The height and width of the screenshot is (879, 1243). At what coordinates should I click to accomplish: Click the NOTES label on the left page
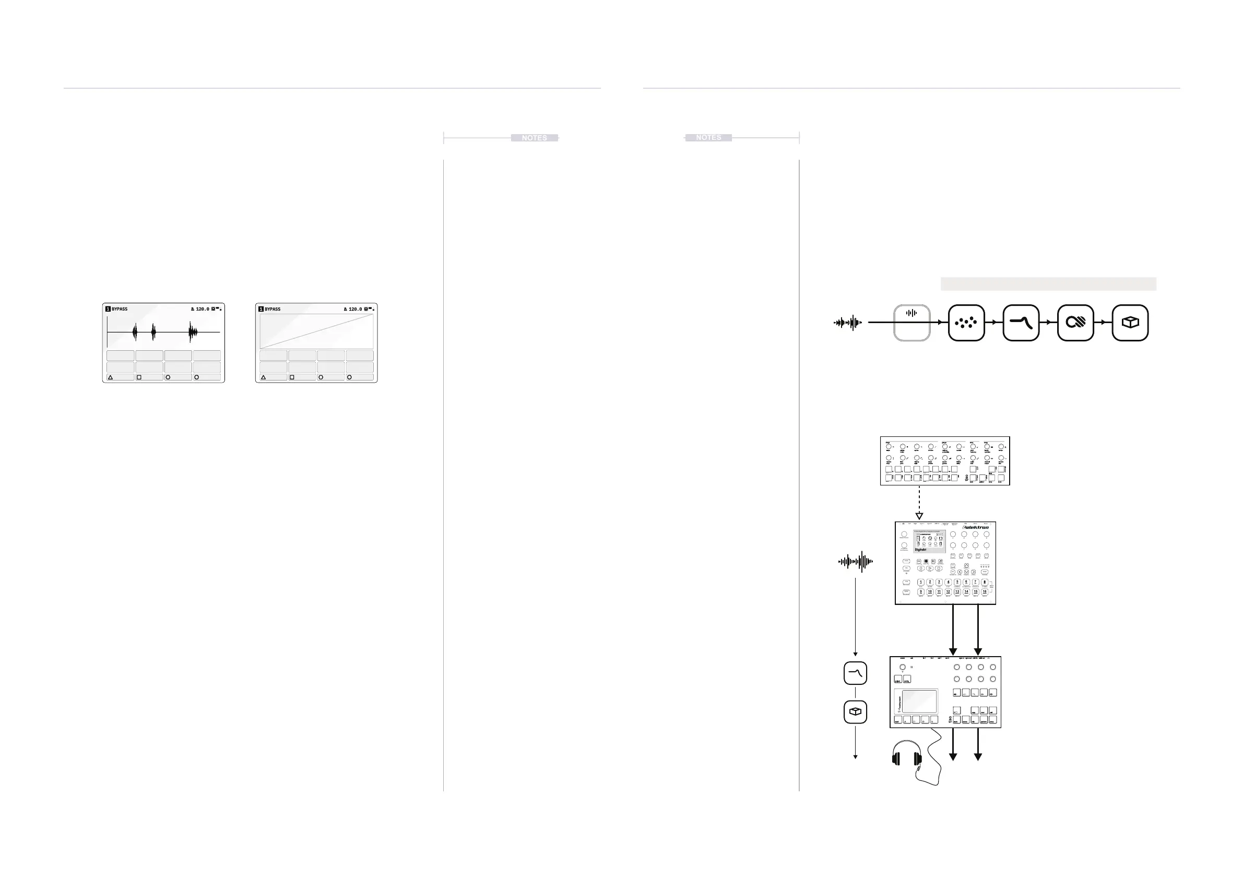coord(534,138)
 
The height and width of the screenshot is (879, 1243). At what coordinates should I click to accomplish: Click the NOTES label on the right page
coord(708,137)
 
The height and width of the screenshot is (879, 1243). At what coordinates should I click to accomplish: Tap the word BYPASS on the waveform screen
coord(120,309)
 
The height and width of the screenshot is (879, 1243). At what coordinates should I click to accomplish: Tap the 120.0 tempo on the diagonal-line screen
coord(355,309)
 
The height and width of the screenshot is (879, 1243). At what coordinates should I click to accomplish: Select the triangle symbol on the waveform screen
coord(111,377)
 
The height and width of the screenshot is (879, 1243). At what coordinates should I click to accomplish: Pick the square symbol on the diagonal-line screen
coord(292,377)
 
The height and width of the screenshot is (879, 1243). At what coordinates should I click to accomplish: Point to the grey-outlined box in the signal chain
coord(911,323)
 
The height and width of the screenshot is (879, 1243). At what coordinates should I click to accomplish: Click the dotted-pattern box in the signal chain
coord(966,323)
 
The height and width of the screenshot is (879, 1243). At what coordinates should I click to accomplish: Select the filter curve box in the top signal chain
coord(1021,323)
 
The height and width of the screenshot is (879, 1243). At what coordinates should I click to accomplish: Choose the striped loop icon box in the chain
coord(1075,323)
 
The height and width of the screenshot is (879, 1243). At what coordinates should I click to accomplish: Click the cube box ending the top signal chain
coord(1130,323)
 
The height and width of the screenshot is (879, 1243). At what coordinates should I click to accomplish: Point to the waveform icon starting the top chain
coord(848,323)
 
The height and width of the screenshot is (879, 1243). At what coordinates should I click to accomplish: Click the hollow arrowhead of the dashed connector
coord(919,516)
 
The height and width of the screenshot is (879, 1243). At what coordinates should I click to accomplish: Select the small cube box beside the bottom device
coord(855,712)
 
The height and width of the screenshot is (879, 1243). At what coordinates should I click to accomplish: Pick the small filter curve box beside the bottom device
coord(855,673)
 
